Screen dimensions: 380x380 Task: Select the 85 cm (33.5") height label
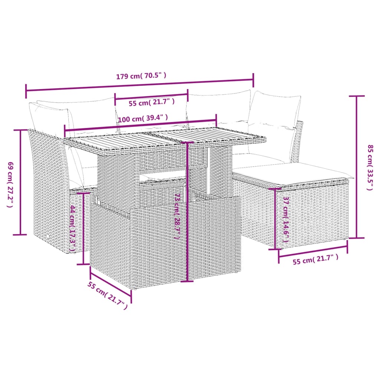[369, 167]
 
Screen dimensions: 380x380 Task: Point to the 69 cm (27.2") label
[10, 184]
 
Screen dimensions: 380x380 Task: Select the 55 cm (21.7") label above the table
[151, 102]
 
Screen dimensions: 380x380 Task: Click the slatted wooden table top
[163, 140]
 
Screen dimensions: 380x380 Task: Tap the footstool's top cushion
[293, 171]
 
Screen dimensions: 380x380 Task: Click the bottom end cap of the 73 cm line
[187, 281]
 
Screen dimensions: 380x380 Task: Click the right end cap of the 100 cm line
[216, 120]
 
